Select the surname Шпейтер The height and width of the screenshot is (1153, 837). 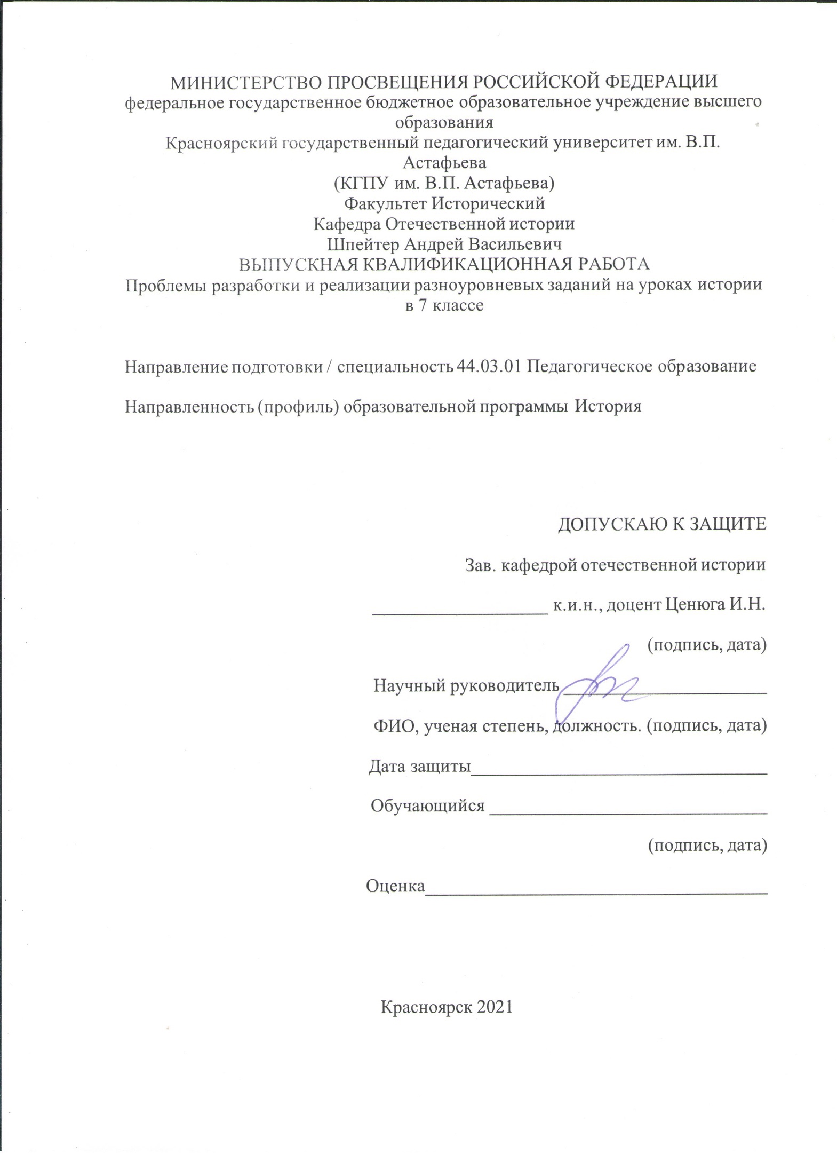pos(362,244)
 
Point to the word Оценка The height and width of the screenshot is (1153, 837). pos(395,886)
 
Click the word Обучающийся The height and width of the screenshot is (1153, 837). pos(428,805)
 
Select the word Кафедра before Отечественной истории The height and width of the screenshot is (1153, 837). pos(347,224)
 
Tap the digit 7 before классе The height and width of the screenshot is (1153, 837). pos(421,305)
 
